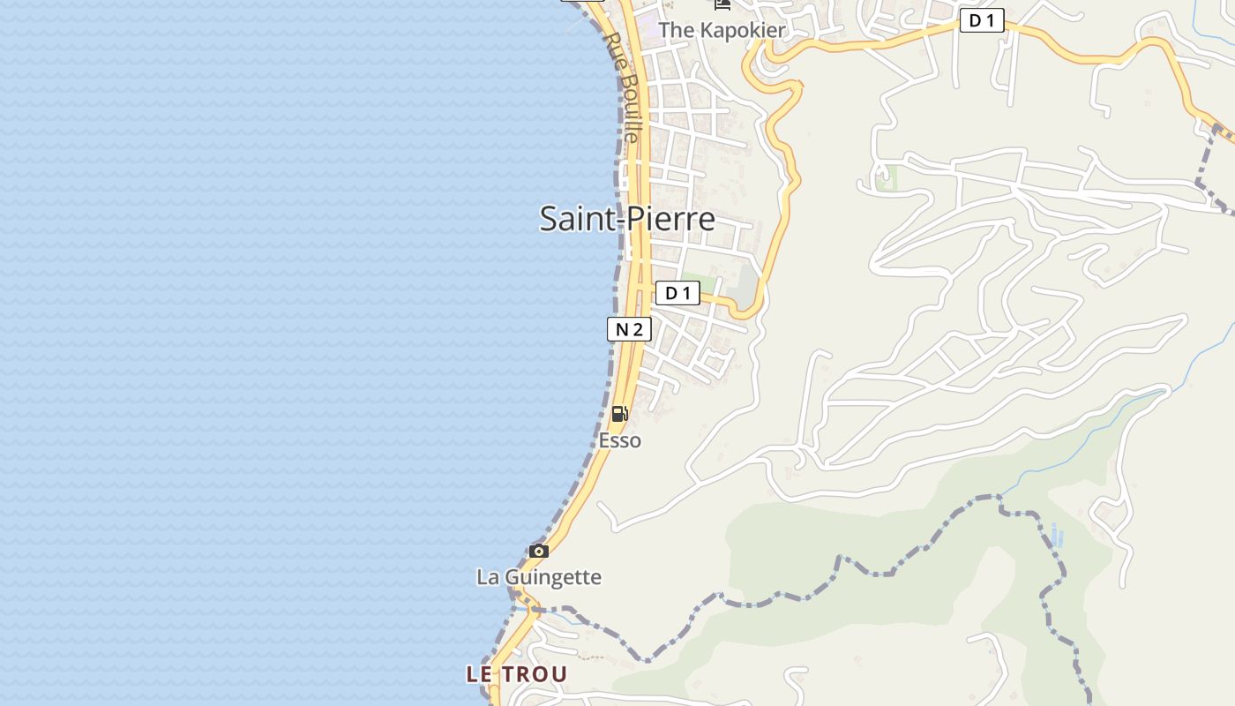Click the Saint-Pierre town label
627,219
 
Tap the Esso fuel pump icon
620,413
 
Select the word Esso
620,439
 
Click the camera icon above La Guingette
539,552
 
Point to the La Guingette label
539,577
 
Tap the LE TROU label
517,674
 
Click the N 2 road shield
629,329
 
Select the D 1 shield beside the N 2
677,293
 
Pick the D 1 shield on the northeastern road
982,20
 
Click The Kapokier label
722,30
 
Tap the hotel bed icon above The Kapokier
722,4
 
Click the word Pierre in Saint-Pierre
671,219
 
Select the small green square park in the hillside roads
886,178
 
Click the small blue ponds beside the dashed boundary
1057,535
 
